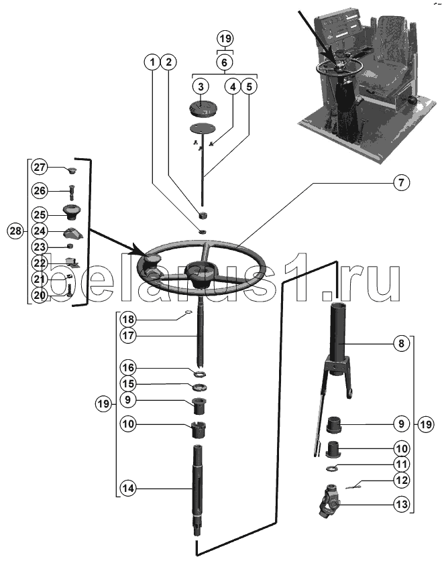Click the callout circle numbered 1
point(154,62)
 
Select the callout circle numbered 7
point(400,182)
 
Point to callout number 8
point(400,344)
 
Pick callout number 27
point(40,167)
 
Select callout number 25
point(40,214)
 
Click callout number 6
point(225,62)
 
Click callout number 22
point(40,263)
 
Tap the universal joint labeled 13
point(333,500)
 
